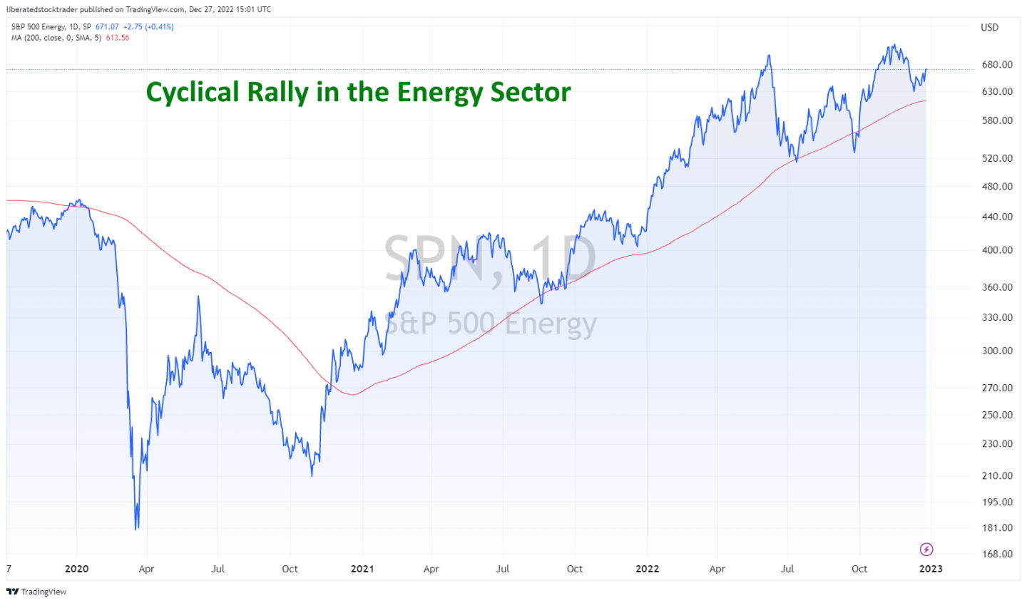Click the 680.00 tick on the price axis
tap(996, 64)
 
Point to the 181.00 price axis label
tap(996, 527)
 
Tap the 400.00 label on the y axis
tap(996, 249)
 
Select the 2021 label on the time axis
tap(362, 569)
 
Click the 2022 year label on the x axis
tap(647, 569)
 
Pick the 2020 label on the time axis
tap(76, 569)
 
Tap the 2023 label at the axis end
tap(930, 569)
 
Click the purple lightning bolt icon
tap(926, 549)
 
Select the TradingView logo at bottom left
tap(36, 592)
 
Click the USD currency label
tap(989, 27)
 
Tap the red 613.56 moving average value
tap(118, 38)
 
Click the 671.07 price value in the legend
tap(107, 27)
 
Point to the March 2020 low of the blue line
tap(136, 528)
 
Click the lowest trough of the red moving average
tap(352, 394)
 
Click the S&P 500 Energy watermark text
tap(490, 324)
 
